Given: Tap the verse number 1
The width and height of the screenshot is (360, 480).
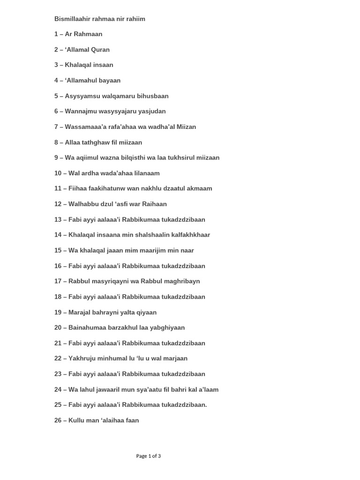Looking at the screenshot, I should [x=56, y=34].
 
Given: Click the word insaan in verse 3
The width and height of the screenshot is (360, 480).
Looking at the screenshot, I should [x=102, y=65].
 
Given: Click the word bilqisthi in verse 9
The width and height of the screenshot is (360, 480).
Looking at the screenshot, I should [x=133, y=158].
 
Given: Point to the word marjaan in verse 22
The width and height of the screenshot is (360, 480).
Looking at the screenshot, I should [x=174, y=359].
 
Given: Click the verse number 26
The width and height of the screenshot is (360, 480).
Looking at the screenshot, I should [x=58, y=420].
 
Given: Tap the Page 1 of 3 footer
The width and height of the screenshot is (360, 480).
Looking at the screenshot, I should [x=149, y=456].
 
